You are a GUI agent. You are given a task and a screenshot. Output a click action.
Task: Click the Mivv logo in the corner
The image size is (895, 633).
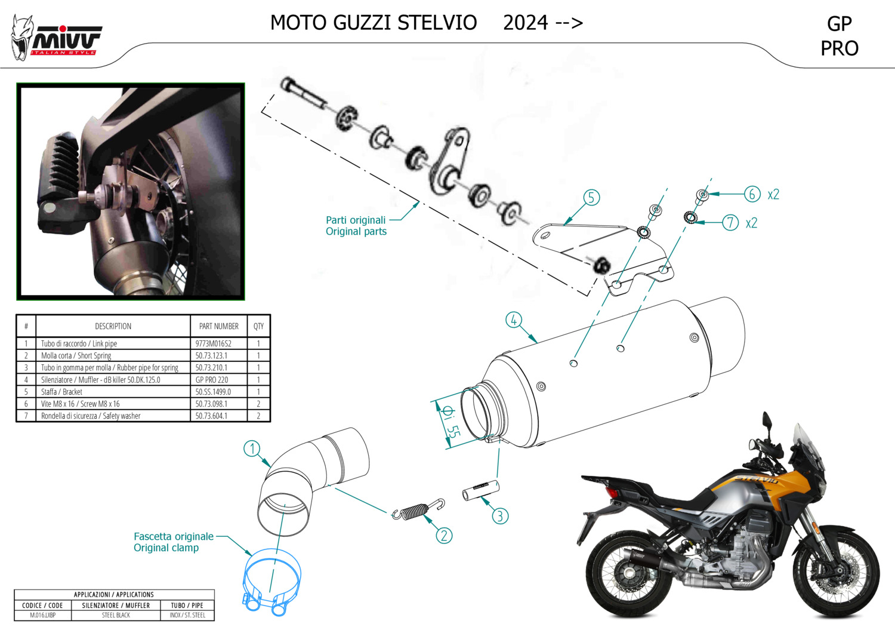pos(56,38)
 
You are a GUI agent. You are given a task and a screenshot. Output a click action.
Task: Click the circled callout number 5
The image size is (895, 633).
pos(591,198)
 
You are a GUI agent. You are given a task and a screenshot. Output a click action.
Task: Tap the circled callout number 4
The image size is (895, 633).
pos(513,320)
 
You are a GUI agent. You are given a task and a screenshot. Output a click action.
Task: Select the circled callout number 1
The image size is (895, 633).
pos(252,448)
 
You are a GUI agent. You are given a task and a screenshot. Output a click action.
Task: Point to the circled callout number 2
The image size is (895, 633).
pos(444,536)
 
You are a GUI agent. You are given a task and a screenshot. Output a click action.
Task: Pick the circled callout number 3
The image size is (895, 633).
pos(500,516)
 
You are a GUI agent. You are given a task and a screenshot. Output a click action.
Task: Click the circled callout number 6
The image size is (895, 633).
pos(752,194)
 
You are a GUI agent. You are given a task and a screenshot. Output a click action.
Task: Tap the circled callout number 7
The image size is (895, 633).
pos(730,223)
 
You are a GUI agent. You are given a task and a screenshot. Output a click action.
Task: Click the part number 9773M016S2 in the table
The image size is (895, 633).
pos(214,343)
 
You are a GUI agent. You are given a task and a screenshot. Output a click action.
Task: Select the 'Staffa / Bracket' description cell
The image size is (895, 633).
pos(61,392)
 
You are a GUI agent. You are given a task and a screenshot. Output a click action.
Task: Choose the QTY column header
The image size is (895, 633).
pos(258,326)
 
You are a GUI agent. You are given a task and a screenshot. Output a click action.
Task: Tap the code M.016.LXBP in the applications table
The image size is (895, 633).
pos(43,615)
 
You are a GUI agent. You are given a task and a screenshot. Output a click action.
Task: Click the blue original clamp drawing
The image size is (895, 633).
pos(271,582)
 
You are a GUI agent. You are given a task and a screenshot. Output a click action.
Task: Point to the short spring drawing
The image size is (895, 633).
pos(418,510)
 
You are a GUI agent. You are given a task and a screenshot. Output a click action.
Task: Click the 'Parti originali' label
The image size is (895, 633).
pos(356,220)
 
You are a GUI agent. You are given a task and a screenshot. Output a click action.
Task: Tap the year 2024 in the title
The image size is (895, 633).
pos(526,23)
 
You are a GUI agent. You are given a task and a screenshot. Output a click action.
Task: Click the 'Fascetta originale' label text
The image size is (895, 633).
pos(174,537)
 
